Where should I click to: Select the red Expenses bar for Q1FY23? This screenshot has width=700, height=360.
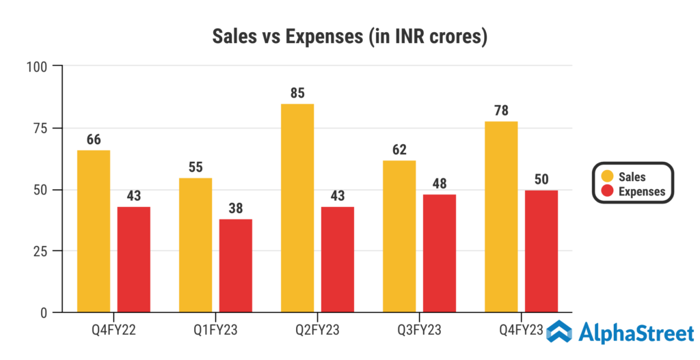tap(236, 266)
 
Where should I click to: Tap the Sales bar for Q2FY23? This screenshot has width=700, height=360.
tap(297, 208)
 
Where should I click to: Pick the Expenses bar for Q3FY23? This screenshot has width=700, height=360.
tap(440, 253)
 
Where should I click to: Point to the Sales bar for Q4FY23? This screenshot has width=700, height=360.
tap(501, 217)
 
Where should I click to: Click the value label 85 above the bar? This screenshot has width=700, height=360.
tap(297, 93)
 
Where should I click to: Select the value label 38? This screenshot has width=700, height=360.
tap(236, 208)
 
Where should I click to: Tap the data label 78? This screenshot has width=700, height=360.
tap(501, 111)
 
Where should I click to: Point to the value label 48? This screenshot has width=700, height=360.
tap(440, 184)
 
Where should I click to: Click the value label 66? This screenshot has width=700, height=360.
tap(94, 139)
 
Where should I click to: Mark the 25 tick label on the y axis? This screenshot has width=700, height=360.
tap(40, 251)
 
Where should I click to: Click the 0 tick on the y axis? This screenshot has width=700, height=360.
tap(44, 313)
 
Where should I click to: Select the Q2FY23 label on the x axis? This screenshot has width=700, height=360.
tap(317, 331)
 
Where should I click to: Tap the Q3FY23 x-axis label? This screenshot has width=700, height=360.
tap(419, 331)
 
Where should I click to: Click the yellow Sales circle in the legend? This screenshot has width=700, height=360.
tap(606, 177)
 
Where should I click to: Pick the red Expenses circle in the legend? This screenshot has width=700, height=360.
tap(606, 191)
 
